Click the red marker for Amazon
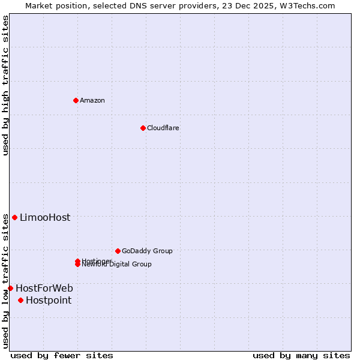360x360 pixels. coord(76,100)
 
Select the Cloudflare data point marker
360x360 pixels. coord(143,128)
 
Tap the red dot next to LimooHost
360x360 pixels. coord(14,217)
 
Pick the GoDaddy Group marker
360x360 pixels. coord(118,251)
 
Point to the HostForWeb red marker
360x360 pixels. coord(10,288)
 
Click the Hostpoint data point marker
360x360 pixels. coord(20,300)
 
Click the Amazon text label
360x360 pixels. coord(92,100)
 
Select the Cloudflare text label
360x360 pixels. coord(163,128)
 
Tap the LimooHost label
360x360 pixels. coord(45,217)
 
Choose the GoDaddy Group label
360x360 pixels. coord(147,251)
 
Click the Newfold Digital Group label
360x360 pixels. coord(117,265)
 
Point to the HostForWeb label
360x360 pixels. coord(44,288)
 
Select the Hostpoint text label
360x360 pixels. coord(49,300)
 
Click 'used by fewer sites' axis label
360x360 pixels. coord(62,355)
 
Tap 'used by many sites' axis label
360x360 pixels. coord(301,355)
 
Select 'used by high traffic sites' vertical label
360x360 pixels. coord(5,85)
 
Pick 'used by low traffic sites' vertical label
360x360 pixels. coord(5,281)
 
